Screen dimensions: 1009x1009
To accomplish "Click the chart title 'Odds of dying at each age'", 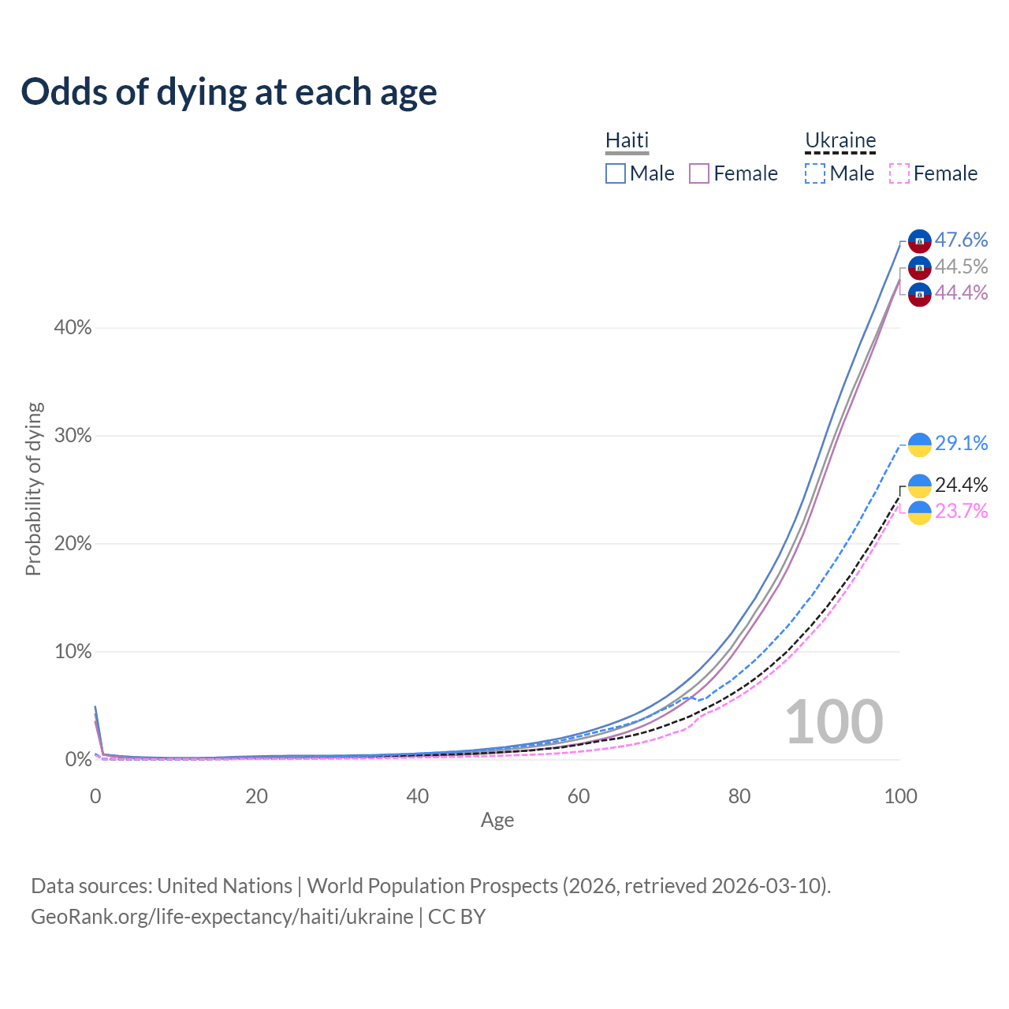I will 229,92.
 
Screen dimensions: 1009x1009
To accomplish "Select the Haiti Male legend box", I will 616,173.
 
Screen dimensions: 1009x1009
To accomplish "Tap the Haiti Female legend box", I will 699,173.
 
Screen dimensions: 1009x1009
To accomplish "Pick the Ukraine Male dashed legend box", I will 815,173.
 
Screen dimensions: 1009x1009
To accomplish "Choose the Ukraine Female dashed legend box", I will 899,173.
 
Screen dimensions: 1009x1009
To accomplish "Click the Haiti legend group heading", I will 627,140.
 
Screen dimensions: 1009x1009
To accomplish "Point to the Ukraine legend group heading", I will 840,140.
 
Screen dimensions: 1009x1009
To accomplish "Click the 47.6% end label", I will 961,240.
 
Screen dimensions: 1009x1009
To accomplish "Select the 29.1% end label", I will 961,443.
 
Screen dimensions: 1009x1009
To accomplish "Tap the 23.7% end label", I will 961,511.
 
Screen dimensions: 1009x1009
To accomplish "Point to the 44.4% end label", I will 961,292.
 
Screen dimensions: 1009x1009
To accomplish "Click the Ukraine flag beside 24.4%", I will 920,486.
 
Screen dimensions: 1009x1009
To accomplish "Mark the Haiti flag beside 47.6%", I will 920,241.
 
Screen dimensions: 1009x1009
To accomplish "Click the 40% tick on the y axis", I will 73,328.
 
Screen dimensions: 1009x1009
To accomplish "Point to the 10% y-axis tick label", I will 73,652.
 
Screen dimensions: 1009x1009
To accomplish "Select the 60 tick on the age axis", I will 579,796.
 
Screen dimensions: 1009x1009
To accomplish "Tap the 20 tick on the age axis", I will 256,796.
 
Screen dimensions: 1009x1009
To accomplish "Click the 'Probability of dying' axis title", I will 33,489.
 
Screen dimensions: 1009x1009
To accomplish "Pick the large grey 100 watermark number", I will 834,722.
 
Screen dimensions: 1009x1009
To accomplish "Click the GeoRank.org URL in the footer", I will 222,917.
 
